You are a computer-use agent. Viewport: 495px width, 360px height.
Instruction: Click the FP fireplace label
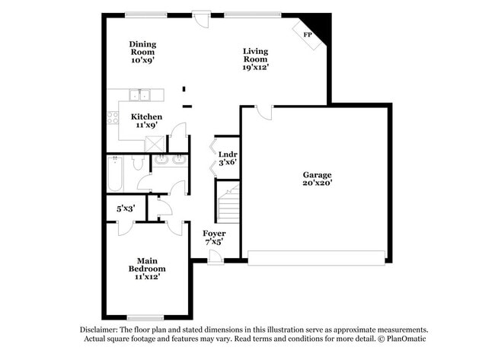(x=308, y=35)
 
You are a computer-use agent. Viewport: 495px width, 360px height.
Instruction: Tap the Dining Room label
(x=142, y=53)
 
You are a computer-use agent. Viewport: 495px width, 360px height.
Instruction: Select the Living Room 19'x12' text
(x=256, y=59)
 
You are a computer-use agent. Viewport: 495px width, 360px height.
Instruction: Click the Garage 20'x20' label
(x=317, y=179)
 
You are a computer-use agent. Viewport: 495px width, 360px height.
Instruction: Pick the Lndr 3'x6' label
(x=228, y=158)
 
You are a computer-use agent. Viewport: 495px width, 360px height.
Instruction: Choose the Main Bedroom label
(x=146, y=269)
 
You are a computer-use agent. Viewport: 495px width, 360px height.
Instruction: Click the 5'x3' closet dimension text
(x=126, y=208)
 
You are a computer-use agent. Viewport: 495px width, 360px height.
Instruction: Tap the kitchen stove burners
(x=113, y=117)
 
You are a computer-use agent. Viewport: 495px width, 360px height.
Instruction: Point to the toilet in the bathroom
(x=138, y=162)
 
